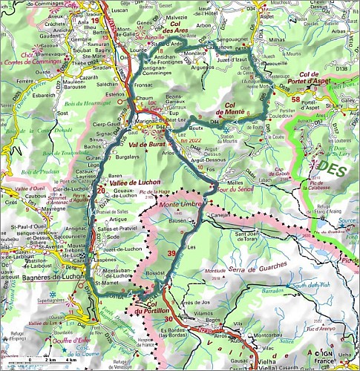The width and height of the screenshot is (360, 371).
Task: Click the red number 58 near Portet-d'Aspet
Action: pos(296,99)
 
